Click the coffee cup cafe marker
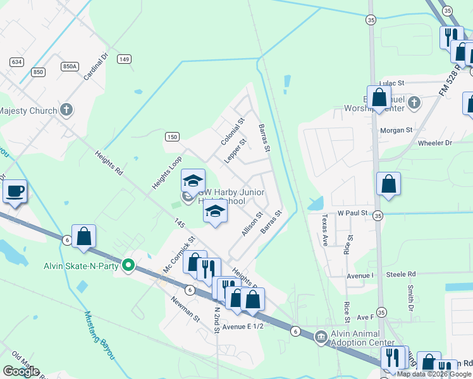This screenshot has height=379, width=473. (x=15, y=191)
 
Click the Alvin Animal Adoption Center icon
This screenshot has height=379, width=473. (x=321, y=335)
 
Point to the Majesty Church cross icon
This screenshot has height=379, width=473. (x=66, y=110)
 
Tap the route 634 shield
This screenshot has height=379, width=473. (x=16, y=61)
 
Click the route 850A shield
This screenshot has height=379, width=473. (x=70, y=66)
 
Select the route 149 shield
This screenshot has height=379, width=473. (x=124, y=59)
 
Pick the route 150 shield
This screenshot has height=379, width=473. (x=172, y=136)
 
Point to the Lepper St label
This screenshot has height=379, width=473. (x=235, y=153)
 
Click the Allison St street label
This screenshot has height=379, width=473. (x=252, y=225)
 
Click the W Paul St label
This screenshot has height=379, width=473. (x=352, y=214)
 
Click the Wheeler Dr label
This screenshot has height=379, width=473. (x=435, y=143)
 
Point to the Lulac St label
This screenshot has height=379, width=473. (x=391, y=83)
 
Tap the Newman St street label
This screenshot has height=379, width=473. (x=185, y=308)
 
